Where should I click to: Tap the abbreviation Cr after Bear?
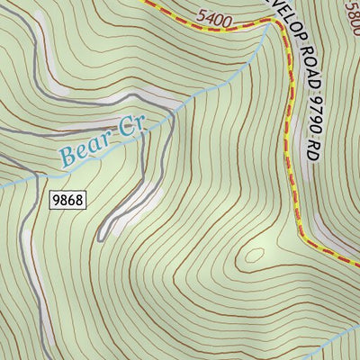(x=131, y=129)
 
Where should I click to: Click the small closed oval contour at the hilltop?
(x=254, y=257)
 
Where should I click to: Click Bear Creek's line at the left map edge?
(x=3, y=186)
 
